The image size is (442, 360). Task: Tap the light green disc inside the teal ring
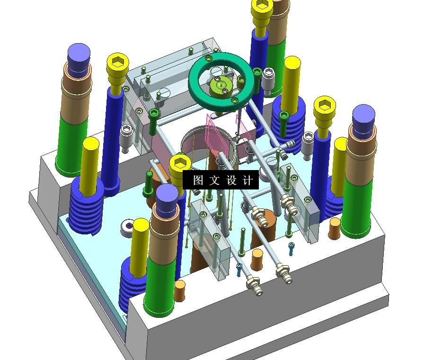(221, 87)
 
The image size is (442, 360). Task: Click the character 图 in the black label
(198, 180)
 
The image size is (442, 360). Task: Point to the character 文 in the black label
(214, 180)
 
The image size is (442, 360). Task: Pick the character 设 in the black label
(231, 180)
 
